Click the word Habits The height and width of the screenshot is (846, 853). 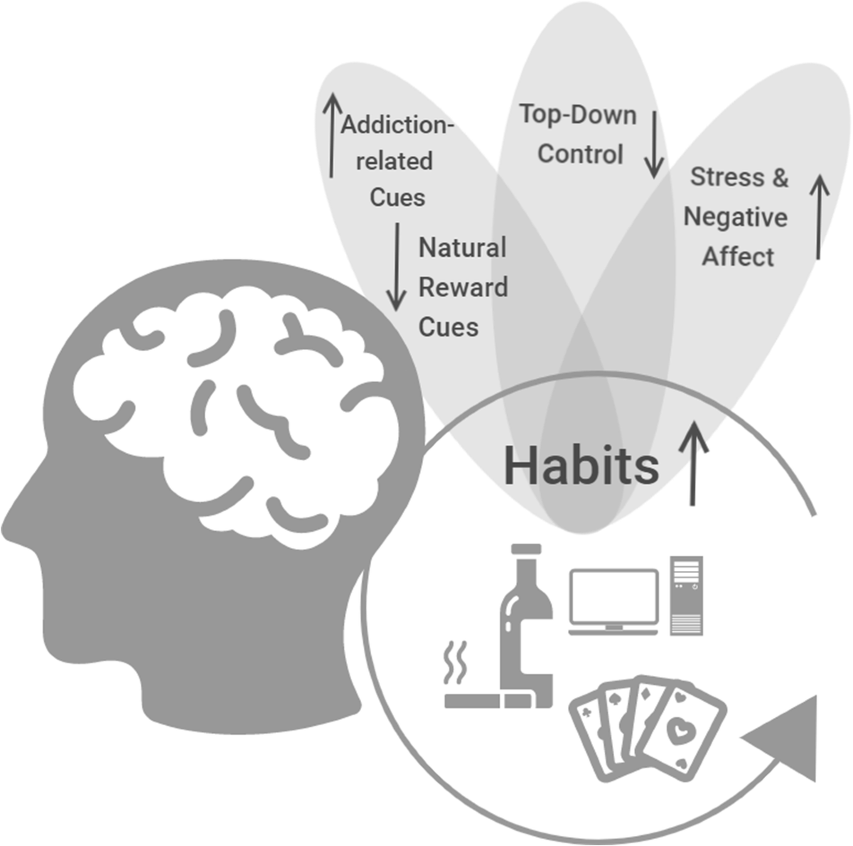tap(581, 466)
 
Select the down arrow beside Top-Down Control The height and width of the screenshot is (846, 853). tap(653, 142)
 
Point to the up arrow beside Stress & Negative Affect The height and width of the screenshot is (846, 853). tap(820, 216)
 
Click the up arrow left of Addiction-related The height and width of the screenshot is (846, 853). tap(331, 135)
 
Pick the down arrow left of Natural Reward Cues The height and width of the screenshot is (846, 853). tap(397, 267)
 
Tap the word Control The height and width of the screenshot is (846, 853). tap(580, 154)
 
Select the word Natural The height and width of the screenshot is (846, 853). tap(462, 247)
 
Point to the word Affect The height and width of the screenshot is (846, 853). tap(738, 256)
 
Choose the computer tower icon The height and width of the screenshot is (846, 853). tap(686, 594)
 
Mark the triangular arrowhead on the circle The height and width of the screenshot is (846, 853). tap(786, 739)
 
